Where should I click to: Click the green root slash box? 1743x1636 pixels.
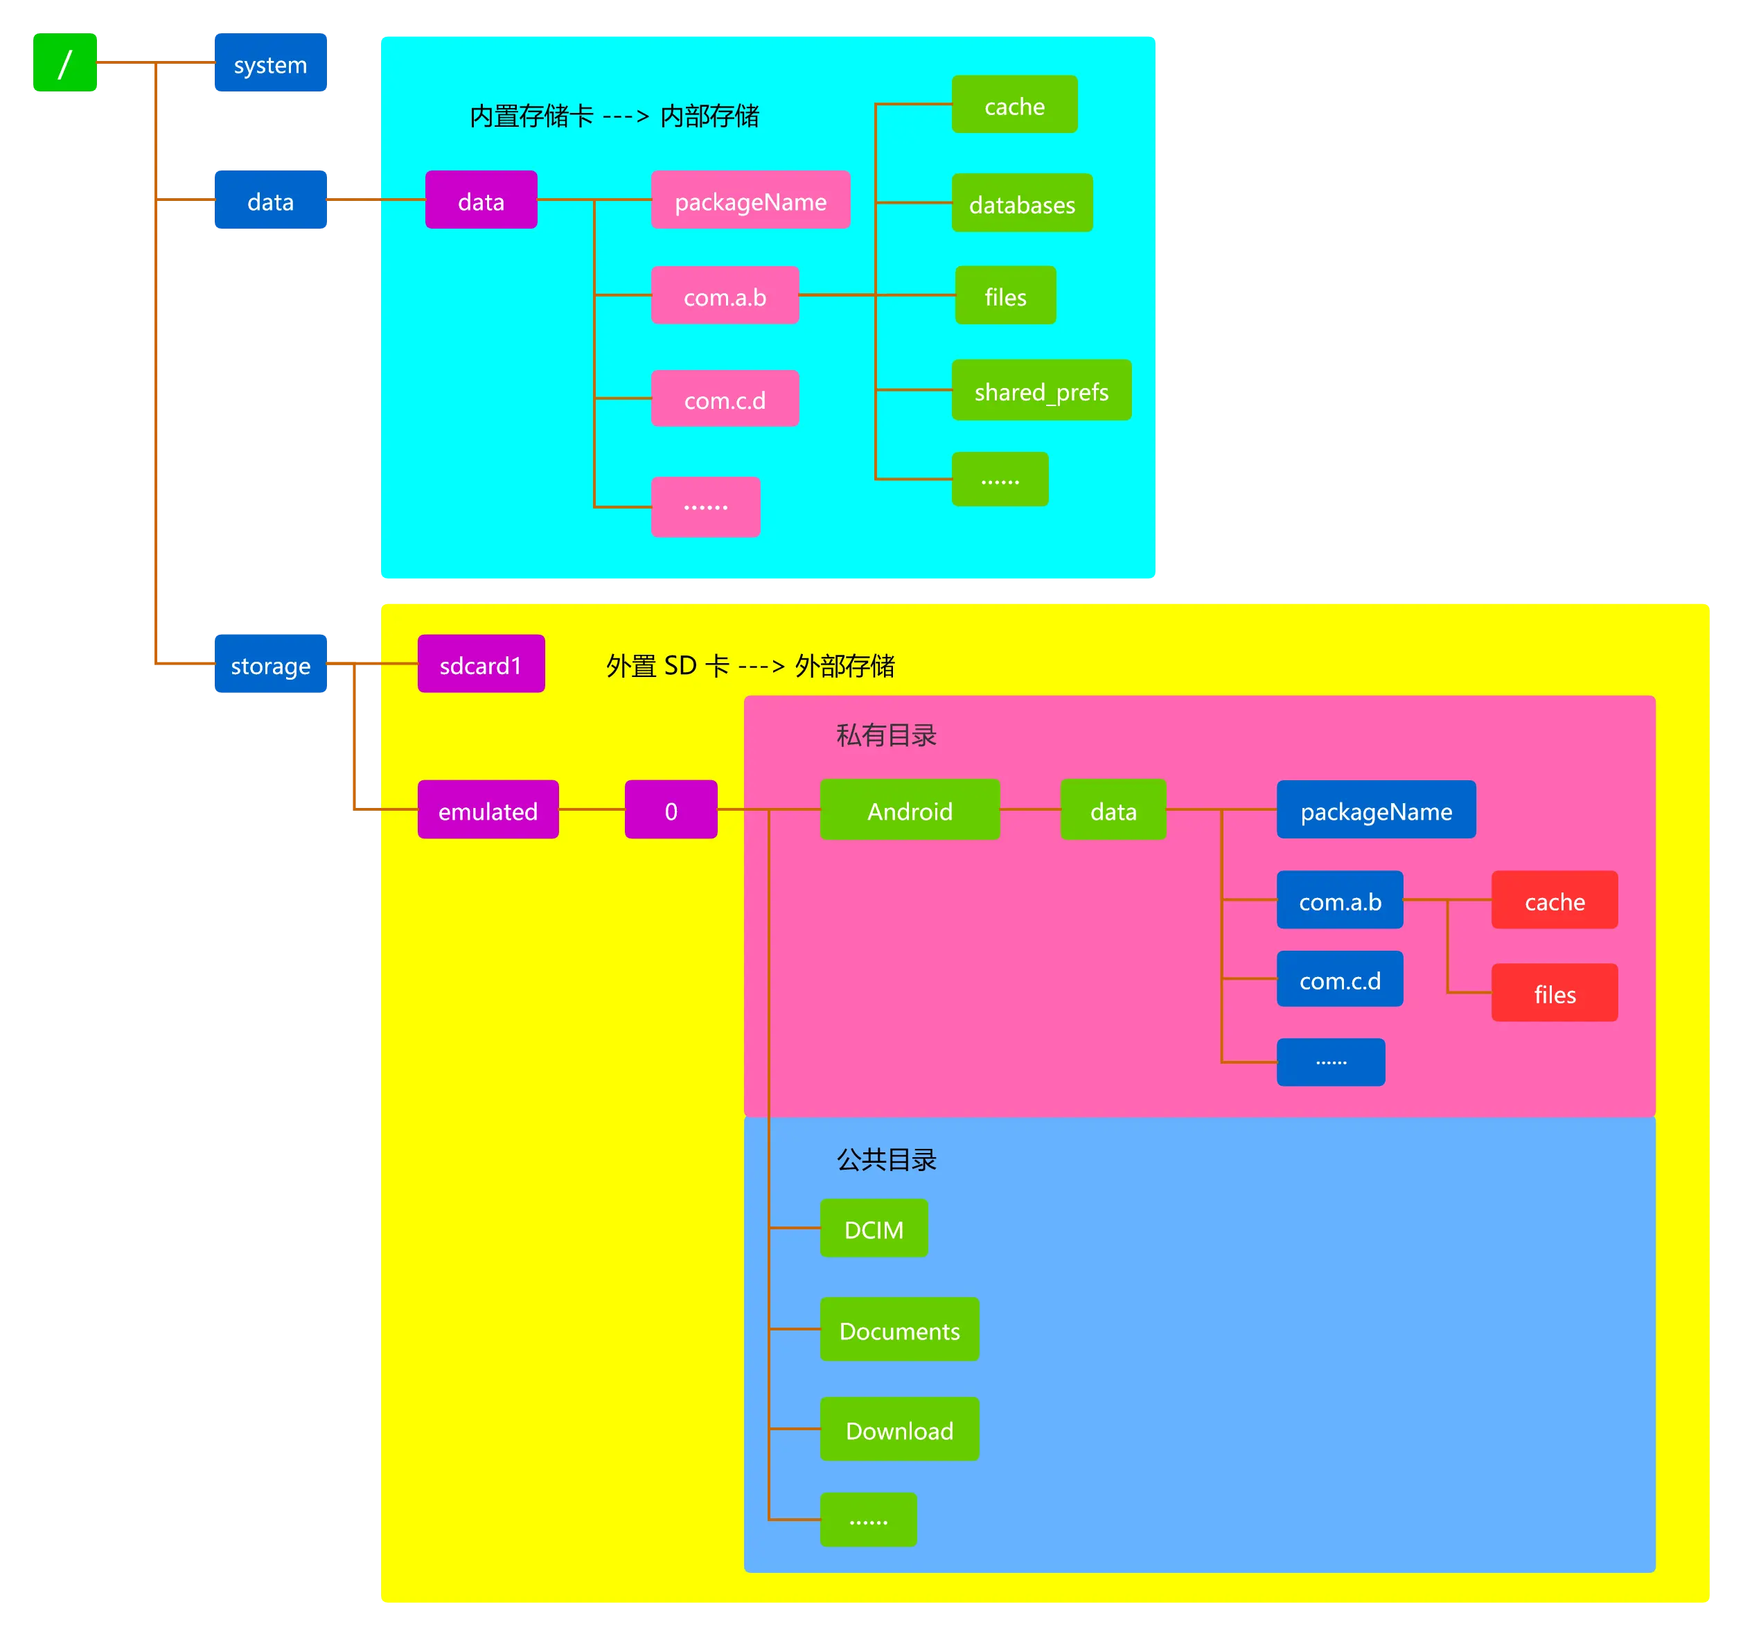(66, 63)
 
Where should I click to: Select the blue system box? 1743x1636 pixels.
(269, 64)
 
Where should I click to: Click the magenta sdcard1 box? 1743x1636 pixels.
(481, 664)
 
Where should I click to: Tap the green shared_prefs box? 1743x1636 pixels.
(1041, 390)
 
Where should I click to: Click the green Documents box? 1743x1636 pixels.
(899, 1329)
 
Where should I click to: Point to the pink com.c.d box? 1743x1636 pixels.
(724, 399)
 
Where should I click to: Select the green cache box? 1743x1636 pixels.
(1014, 105)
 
